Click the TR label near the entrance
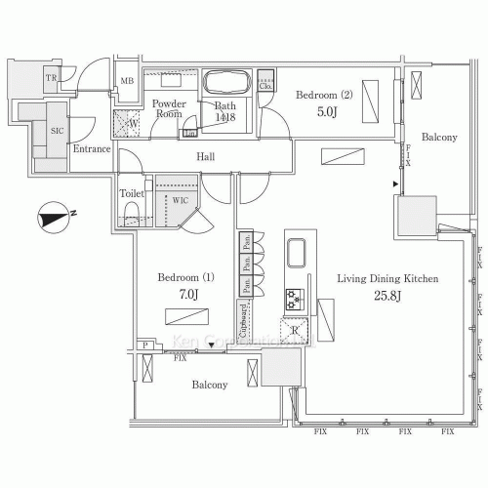[49, 78]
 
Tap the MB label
[128, 82]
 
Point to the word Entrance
[91, 149]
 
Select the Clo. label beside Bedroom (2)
[268, 87]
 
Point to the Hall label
[206, 156]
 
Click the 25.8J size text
[386, 294]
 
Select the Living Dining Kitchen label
[387, 278]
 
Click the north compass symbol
[55, 218]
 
